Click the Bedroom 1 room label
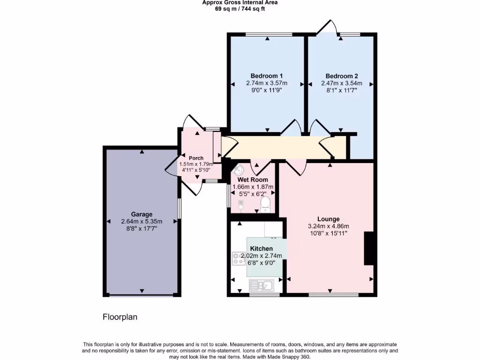point(266,76)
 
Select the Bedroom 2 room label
point(342,76)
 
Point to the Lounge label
point(328,219)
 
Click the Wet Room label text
point(253,180)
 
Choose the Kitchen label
point(261,248)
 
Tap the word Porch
point(196,158)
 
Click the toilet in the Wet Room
point(265,203)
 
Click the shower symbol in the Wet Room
point(241,204)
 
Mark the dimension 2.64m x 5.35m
point(142,222)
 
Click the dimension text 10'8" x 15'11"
point(328,233)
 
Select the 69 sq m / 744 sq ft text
point(240,9)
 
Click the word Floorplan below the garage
point(120,317)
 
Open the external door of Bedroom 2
point(327,27)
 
